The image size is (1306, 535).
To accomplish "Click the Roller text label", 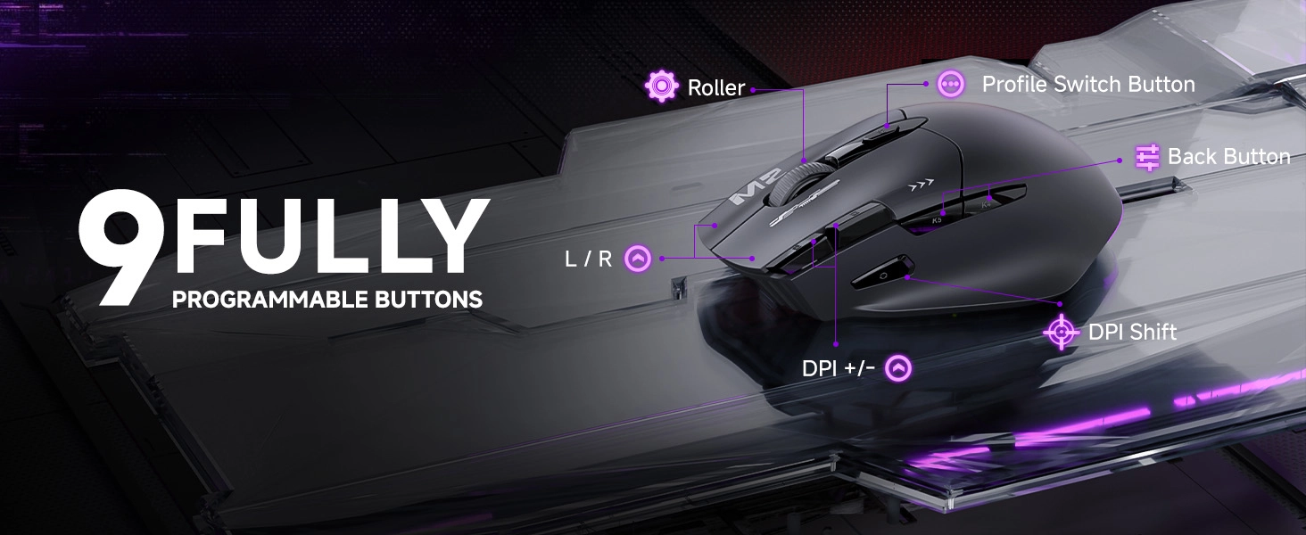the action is coord(716,88).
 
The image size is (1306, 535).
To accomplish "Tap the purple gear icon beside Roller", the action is coord(661,86).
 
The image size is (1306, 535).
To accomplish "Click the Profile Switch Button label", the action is coord(1088,85).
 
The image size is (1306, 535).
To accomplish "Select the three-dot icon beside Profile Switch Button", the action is coord(951,84).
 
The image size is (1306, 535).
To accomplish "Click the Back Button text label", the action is coord(1229,157).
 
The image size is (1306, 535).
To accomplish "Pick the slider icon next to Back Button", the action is coord(1147,158).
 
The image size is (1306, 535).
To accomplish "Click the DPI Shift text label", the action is coord(1132,333).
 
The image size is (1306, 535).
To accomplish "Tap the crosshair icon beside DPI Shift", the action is coord(1062,333).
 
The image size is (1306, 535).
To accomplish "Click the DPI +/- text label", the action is coord(839,368).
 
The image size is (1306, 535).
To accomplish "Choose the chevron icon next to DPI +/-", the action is coord(898,367).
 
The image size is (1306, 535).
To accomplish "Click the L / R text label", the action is coord(589,259).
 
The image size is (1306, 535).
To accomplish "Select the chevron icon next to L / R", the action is coord(638,259).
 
